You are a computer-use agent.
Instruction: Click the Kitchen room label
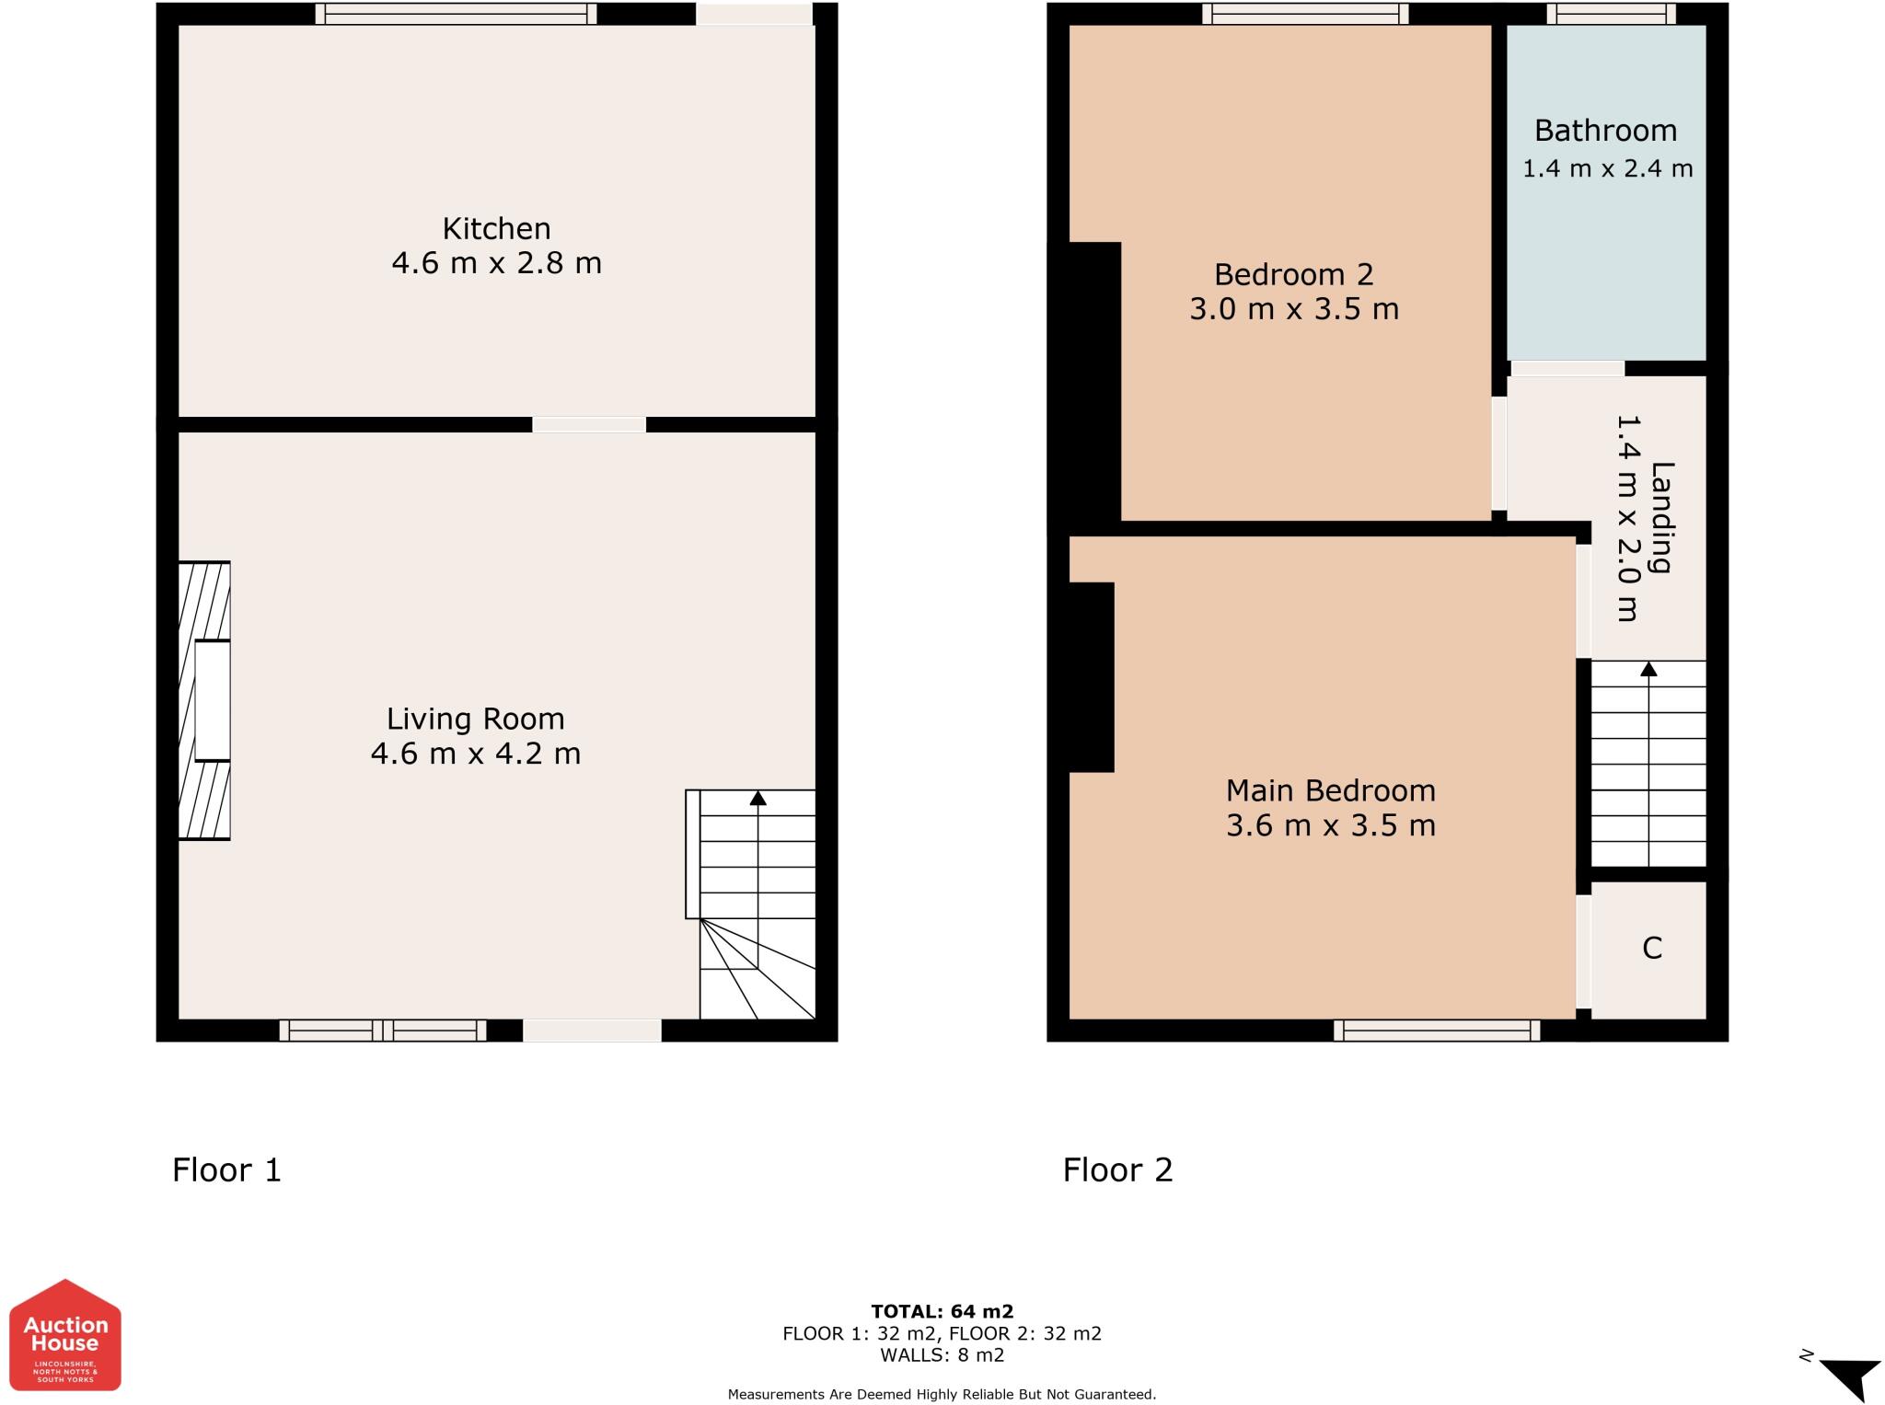coord(496,228)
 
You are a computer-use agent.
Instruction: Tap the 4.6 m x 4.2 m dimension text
coord(475,754)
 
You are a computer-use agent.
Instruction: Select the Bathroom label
coord(1605,131)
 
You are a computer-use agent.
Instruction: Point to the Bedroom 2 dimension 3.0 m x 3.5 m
coord(1293,309)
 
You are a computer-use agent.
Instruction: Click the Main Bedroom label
coord(1330,790)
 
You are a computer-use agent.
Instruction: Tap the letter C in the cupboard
coord(1651,949)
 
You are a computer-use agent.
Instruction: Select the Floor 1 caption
coord(226,1169)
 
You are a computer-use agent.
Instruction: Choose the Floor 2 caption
coord(1117,1169)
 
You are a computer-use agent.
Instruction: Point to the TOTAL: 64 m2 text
coord(942,1311)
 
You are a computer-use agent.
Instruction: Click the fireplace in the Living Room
coord(204,701)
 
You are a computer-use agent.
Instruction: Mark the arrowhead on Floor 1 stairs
coord(757,798)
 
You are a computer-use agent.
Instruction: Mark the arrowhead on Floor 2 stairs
coord(1648,669)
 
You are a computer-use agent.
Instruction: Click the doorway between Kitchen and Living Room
coord(589,424)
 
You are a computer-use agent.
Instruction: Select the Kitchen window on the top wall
coord(456,14)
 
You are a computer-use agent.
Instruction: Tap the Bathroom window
coord(1611,14)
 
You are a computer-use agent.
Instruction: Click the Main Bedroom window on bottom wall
coord(1436,1031)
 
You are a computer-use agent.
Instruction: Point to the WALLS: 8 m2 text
coord(942,1355)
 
